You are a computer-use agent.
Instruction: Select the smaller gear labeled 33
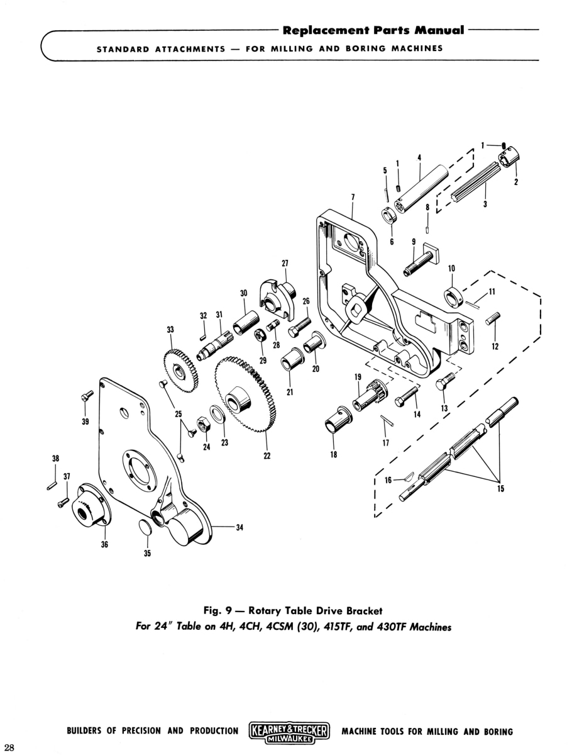click(180, 372)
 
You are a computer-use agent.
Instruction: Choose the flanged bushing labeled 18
click(338, 421)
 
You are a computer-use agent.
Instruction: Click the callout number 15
click(500, 488)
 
